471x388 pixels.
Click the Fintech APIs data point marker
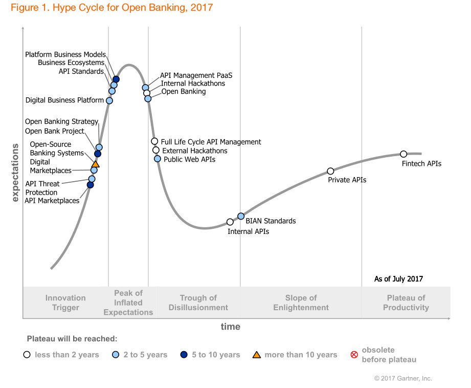(x=403, y=154)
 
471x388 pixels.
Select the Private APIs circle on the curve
(x=330, y=171)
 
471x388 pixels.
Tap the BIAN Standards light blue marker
(x=241, y=217)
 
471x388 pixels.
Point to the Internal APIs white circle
(x=230, y=222)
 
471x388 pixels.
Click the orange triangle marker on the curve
(x=95, y=164)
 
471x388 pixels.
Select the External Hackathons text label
(x=194, y=151)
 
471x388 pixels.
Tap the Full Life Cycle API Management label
(x=211, y=142)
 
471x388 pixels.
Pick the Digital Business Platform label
(x=65, y=100)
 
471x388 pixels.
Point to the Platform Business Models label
(x=65, y=54)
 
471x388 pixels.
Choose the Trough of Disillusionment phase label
(x=198, y=303)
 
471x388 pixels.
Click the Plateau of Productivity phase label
(x=406, y=303)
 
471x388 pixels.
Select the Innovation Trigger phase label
(x=65, y=303)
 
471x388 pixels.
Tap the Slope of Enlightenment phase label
(x=301, y=303)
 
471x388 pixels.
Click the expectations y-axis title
(x=15, y=173)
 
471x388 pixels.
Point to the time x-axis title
(x=230, y=327)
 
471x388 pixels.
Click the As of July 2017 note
(x=398, y=279)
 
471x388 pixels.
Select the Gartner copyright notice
(x=403, y=378)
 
